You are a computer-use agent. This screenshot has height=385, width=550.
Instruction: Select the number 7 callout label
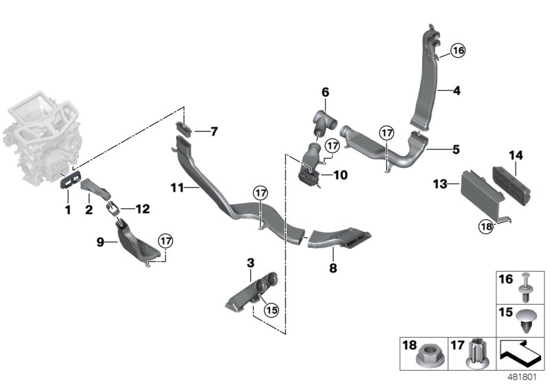click(214, 131)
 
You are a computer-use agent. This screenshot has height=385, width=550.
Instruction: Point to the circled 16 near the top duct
click(459, 49)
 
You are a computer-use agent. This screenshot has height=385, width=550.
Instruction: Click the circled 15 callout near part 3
click(271, 310)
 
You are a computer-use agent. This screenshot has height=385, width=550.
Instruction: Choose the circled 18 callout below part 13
click(486, 224)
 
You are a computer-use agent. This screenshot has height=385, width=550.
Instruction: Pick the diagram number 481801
click(525, 377)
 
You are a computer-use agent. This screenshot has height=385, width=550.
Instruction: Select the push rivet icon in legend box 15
click(527, 320)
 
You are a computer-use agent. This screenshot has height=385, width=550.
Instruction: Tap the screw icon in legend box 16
click(527, 286)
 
